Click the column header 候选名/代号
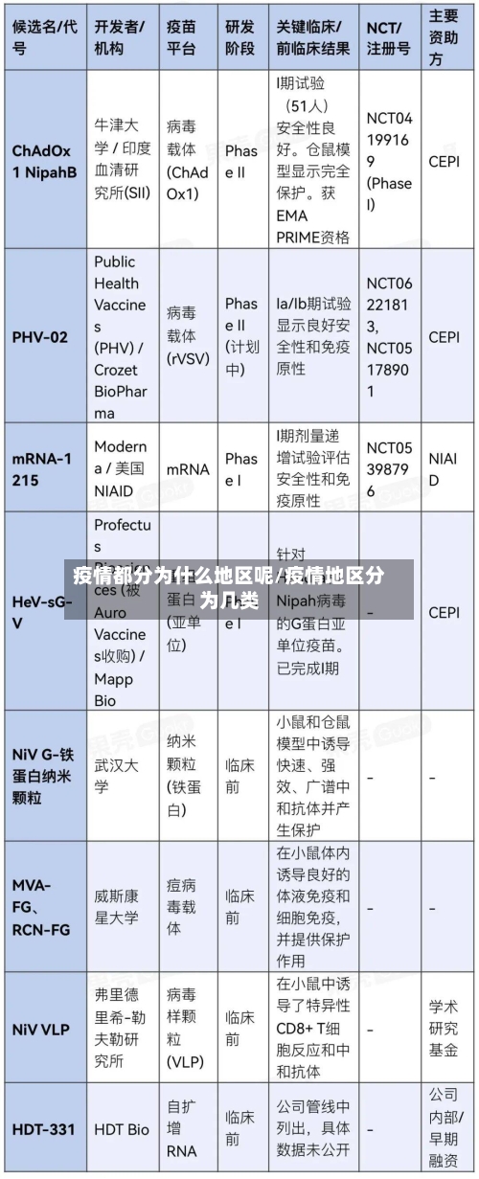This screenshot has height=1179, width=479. (x=44, y=36)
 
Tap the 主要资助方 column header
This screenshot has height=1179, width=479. (x=444, y=37)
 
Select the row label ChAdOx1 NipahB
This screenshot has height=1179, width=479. (x=44, y=162)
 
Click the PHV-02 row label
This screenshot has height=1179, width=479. (x=40, y=337)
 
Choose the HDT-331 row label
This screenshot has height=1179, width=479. (x=43, y=1129)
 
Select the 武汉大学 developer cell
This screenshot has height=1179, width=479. (x=116, y=776)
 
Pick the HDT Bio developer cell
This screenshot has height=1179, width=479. (x=122, y=1129)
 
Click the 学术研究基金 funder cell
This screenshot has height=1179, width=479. (x=444, y=1031)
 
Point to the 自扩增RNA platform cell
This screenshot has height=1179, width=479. (x=182, y=1129)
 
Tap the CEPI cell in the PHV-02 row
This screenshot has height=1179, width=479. (x=444, y=337)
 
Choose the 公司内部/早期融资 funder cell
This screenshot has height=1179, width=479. (x=444, y=1129)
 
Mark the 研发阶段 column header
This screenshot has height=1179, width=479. (x=240, y=36)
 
